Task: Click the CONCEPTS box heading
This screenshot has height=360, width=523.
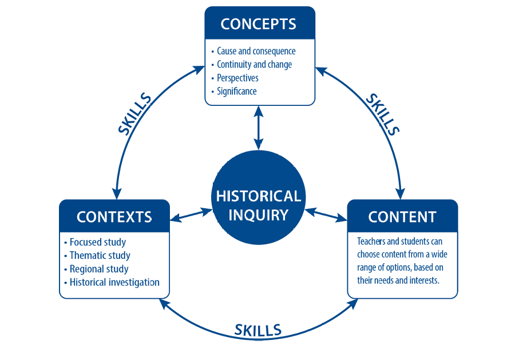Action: [259, 24]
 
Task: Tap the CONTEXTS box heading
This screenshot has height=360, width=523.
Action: [114, 217]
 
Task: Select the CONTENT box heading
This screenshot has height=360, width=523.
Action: [402, 217]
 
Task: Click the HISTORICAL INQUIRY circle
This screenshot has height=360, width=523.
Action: [258, 205]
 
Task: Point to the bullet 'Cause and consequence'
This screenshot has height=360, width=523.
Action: [256, 52]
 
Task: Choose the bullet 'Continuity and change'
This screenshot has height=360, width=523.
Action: [254, 65]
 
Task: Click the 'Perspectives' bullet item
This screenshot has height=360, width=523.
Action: [237, 78]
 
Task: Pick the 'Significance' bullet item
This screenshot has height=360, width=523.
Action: [236, 91]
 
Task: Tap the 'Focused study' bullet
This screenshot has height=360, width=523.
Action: [98, 242]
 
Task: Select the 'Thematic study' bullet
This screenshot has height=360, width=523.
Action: [100, 255]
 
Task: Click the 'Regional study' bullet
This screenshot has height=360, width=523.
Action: [99, 269]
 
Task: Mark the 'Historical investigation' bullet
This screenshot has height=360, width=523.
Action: [114, 282]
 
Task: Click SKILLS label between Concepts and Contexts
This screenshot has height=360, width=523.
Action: [135, 114]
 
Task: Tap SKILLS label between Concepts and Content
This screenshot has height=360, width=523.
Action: [382, 114]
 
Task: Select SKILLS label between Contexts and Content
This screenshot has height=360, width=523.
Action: [258, 330]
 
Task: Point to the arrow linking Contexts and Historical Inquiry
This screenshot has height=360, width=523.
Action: [191, 215]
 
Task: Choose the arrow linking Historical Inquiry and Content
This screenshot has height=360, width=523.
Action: [326, 215]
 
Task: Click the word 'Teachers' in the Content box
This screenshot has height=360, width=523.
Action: [371, 242]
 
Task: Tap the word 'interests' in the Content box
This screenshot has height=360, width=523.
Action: [423, 280]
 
